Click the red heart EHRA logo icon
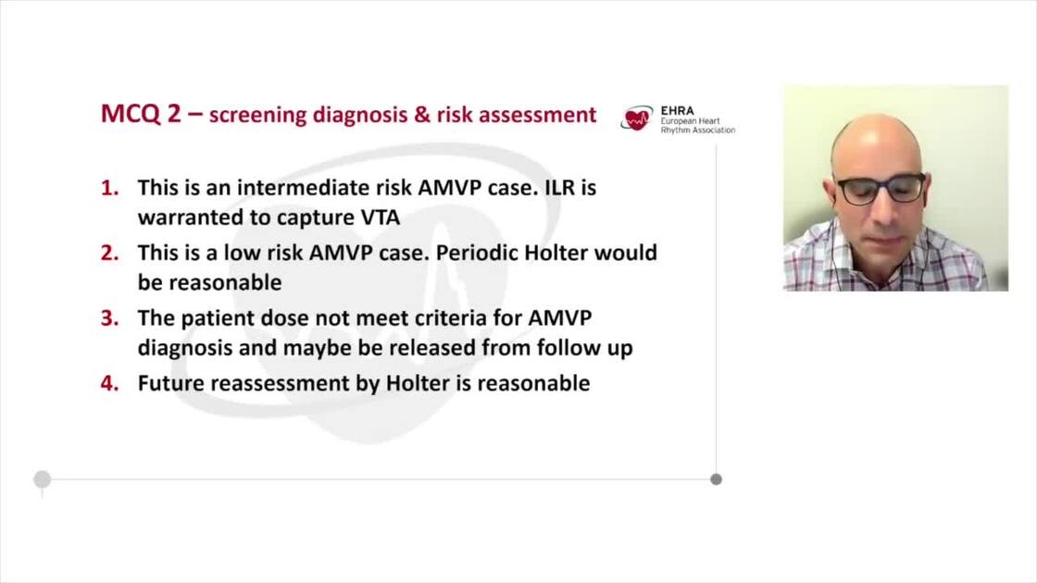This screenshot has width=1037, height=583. (x=636, y=118)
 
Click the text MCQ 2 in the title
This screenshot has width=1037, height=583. (x=141, y=114)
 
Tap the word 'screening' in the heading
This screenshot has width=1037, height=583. (x=258, y=115)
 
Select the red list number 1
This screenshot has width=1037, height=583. (x=110, y=188)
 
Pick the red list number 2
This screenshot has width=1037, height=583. (x=110, y=253)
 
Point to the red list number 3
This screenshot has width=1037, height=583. (x=110, y=318)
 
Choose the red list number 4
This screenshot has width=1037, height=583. (x=110, y=383)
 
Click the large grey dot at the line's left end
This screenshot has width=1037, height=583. (x=43, y=479)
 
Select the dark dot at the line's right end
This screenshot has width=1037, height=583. (x=717, y=479)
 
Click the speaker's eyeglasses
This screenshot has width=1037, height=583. (x=881, y=189)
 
